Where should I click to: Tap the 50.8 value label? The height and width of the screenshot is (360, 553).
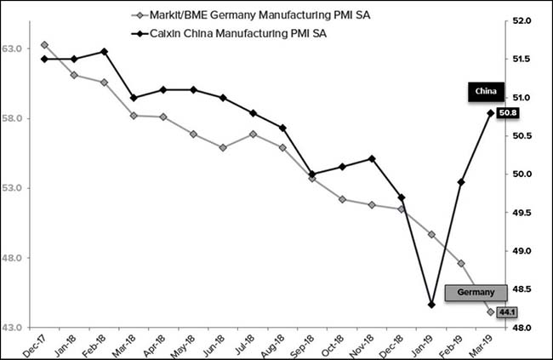510,112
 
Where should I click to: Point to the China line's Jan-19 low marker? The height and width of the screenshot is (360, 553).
431,305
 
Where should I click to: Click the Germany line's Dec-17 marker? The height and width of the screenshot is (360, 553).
44,44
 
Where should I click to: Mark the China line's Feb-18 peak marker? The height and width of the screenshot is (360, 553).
104,51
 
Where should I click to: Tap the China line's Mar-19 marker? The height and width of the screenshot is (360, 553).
490,112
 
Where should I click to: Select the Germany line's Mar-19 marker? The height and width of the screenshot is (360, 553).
490,311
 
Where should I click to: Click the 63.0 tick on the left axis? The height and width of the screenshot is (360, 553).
15,49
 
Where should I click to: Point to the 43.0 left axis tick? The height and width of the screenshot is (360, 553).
15,328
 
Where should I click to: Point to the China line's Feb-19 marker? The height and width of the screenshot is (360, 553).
460,181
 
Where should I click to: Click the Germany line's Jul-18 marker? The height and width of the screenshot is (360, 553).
253,134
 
